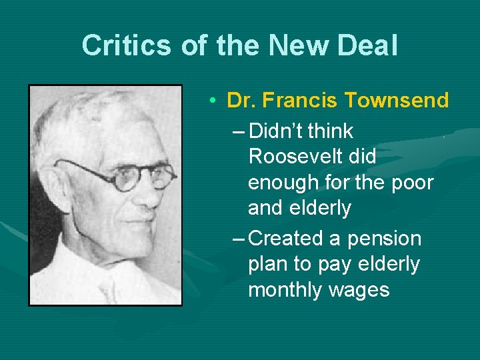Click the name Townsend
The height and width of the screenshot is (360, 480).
click(x=397, y=101)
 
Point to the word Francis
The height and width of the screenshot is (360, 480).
click(x=301, y=101)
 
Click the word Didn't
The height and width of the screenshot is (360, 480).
click(x=283, y=131)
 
